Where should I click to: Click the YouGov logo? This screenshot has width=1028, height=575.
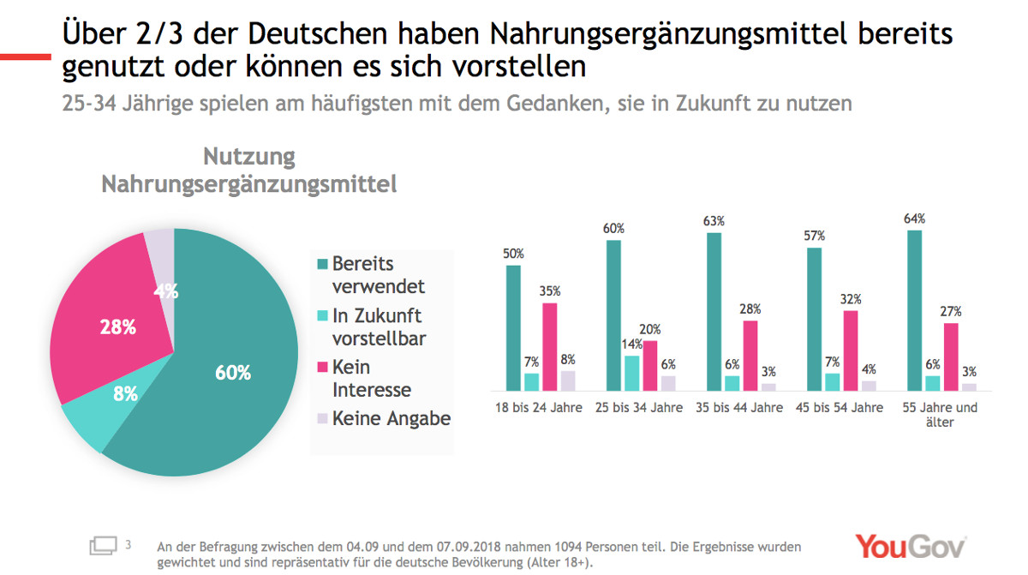click(x=910, y=547)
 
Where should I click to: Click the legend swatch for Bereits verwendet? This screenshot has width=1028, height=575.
click(x=322, y=264)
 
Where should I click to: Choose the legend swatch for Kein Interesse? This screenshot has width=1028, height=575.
click(x=322, y=368)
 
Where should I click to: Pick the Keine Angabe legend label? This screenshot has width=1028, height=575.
click(x=391, y=418)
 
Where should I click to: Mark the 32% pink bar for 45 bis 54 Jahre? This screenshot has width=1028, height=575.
click(x=851, y=350)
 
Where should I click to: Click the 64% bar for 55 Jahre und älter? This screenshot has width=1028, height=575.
click(x=916, y=309)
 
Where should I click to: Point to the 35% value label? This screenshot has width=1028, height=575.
click(x=550, y=291)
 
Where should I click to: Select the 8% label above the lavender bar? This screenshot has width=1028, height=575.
click(x=568, y=360)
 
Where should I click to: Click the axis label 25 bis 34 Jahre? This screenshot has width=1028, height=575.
click(x=640, y=408)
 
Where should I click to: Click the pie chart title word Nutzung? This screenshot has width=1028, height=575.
click(x=248, y=158)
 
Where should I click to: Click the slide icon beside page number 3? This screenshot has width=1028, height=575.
click(x=103, y=545)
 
